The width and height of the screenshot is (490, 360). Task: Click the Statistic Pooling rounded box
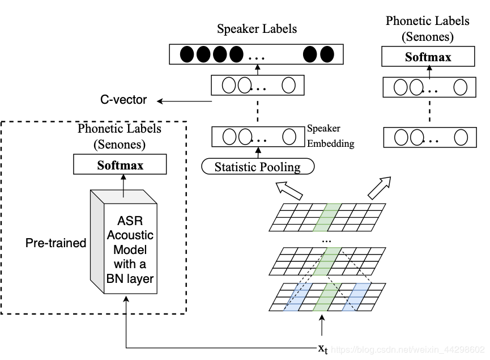coord(258,167)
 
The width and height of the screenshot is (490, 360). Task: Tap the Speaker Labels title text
coord(257,29)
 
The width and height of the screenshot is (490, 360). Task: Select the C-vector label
coord(123,100)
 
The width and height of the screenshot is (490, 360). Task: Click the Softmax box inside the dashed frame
coord(120,166)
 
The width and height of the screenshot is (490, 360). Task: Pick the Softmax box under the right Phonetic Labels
coord(428,57)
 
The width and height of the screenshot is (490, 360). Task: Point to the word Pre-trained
coord(56,243)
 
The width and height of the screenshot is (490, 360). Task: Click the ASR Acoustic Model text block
coord(130,249)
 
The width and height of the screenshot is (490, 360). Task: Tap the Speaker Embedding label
coord(331,136)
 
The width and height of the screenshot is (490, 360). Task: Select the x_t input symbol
coord(322,348)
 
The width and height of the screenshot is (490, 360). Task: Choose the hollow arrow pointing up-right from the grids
coord(379,188)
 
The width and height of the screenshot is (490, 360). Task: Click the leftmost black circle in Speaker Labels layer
coord(186,55)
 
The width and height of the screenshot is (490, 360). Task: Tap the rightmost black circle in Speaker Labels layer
coord(327,55)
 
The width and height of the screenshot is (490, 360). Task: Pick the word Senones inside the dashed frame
coord(120,145)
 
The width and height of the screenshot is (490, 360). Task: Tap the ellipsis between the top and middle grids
coord(327,241)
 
